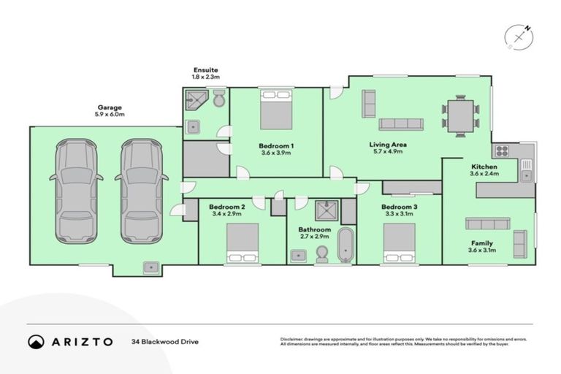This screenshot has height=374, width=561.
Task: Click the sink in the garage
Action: (x=151, y=267)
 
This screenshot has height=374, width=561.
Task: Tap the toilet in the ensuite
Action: (x=219, y=101)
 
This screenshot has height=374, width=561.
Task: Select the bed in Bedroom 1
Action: (x=276, y=110)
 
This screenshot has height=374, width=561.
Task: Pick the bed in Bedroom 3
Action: (x=400, y=243)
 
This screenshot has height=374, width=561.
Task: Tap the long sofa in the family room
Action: (x=488, y=224)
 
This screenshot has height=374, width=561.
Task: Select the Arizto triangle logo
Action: (x=35, y=341)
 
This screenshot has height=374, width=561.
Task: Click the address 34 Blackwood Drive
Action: (x=164, y=341)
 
